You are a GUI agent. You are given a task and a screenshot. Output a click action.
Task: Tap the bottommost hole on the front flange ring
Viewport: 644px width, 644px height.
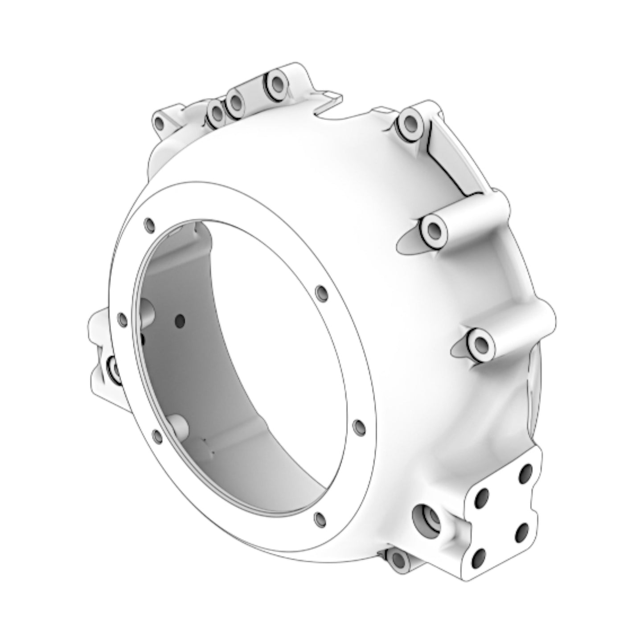coord(319,519)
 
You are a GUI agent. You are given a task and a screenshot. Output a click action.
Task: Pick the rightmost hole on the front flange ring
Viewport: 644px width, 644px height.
coord(358,427)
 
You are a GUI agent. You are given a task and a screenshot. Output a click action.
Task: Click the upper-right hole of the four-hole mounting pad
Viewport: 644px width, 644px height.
coord(526,471)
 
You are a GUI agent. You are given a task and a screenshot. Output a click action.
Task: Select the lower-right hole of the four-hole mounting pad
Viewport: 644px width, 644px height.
coord(522,530)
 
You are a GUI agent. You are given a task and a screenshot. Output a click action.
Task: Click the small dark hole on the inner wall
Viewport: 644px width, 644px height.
coord(180,320)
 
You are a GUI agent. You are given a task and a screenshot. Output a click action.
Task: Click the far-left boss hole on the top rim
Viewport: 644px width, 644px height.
coord(160,122)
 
